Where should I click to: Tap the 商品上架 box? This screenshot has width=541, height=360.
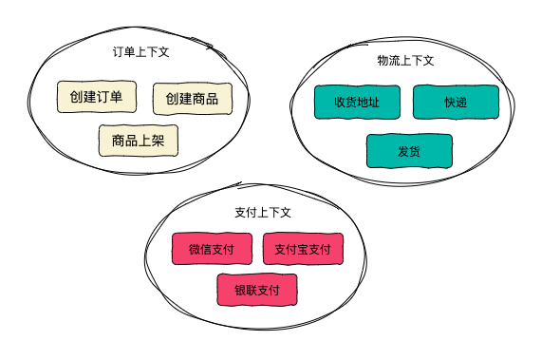click(139, 141)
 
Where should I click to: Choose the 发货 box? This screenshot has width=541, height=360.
click(409, 151)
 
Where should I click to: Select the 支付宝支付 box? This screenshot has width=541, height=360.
click(302, 249)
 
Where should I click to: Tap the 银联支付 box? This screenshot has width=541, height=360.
click(257, 290)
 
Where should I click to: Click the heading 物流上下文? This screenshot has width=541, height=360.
click(405, 61)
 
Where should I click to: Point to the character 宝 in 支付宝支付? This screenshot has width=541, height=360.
click(302, 249)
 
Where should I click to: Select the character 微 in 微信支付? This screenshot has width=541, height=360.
click(195, 249)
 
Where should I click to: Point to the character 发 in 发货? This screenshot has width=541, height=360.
click(403, 151)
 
